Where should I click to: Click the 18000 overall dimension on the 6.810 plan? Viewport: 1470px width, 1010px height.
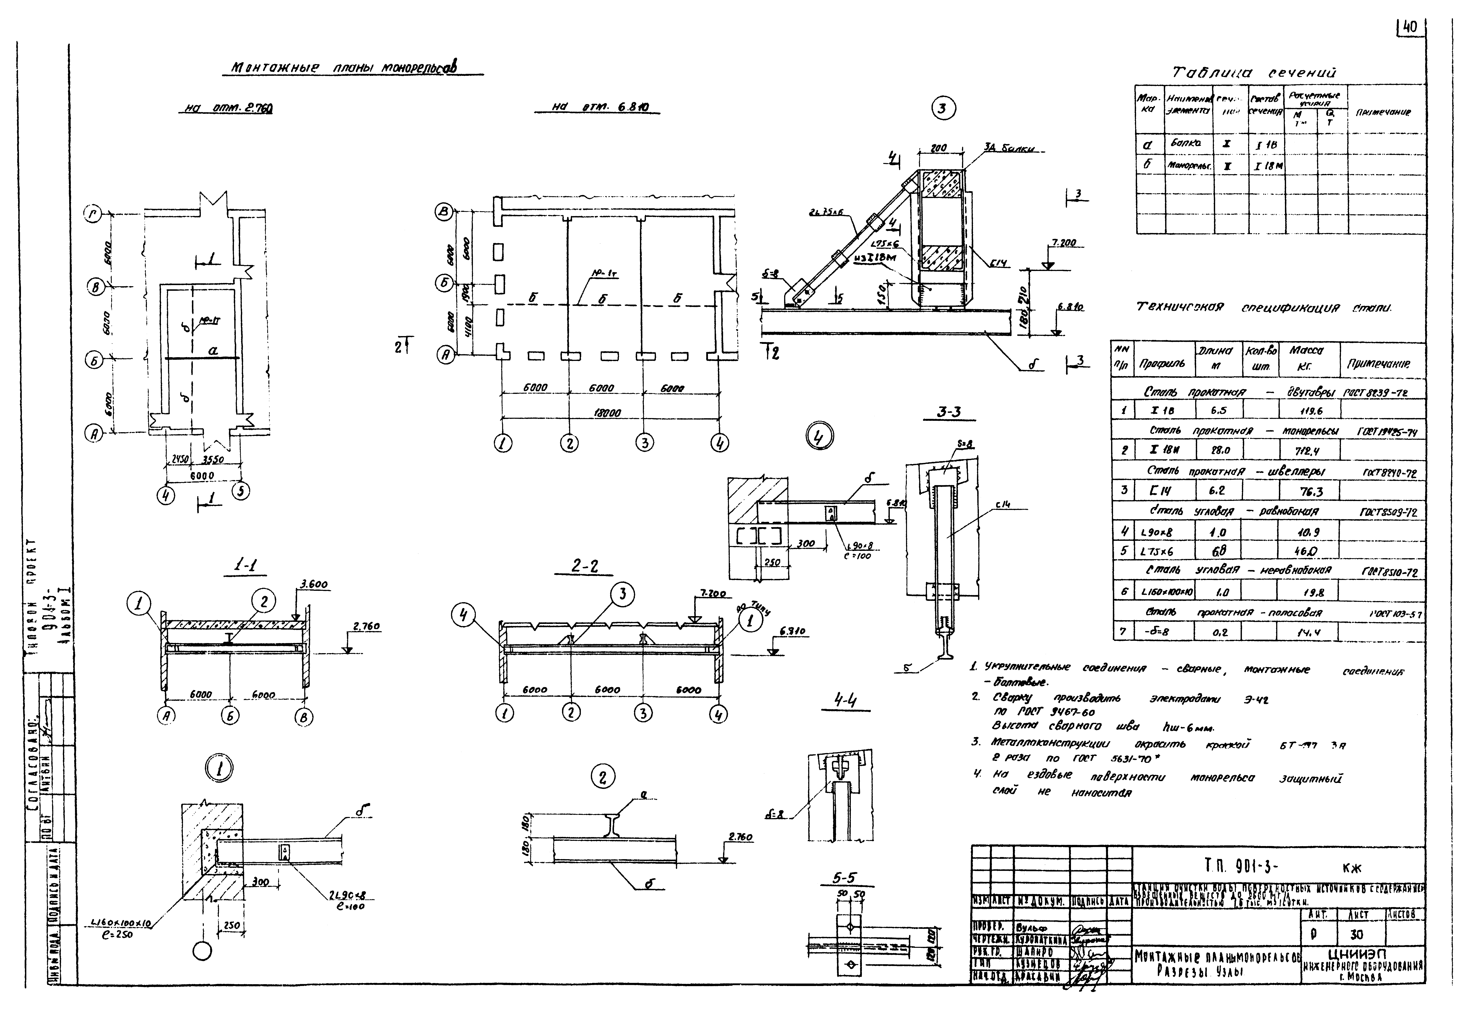pos(607,413)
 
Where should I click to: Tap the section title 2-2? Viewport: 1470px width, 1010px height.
pos(584,566)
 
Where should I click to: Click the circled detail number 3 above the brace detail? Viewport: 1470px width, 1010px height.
pos(942,109)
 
